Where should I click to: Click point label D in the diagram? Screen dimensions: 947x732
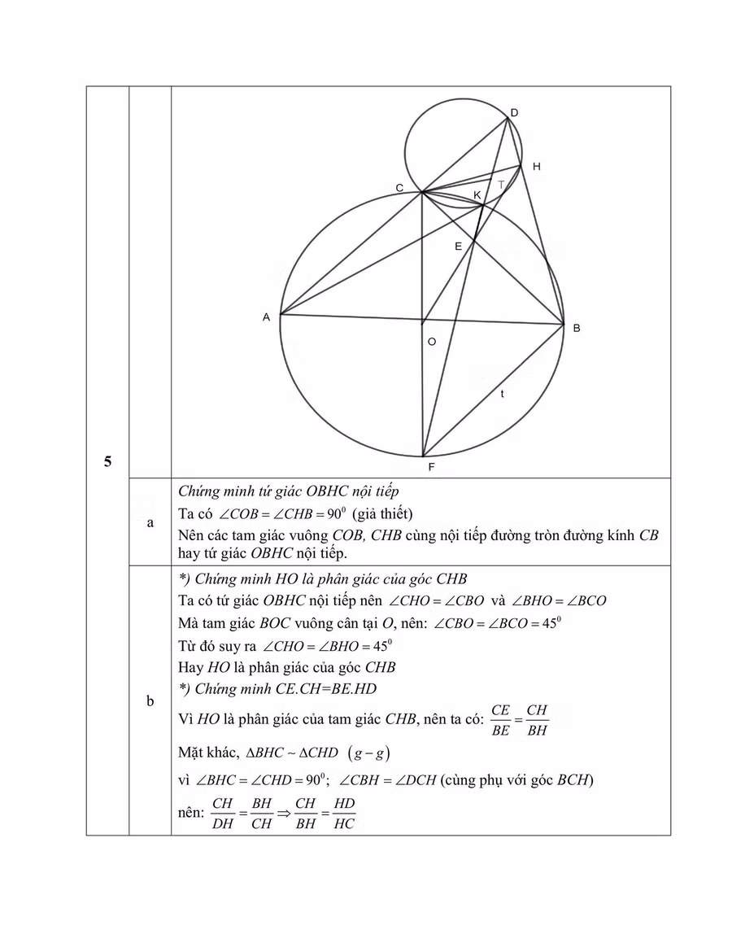click(515, 112)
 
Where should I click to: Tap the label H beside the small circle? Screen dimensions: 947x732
click(536, 167)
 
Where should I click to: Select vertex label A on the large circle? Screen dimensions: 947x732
click(266, 318)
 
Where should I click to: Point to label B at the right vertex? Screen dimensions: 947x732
click(577, 329)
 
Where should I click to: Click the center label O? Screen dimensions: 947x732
click(432, 343)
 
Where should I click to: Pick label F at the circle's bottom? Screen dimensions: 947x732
click(431, 468)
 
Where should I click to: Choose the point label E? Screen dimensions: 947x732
click(458, 246)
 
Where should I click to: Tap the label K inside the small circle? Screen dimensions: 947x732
click(477, 195)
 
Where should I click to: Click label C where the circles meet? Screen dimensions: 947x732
click(399, 188)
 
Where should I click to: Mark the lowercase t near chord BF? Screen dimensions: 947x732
click(503, 395)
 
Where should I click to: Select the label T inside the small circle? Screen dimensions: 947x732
click(501, 184)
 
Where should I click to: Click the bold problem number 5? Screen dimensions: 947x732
click(107, 462)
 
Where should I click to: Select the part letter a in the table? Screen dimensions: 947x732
click(150, 523)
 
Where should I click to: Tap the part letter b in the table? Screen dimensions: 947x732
click(150, 700)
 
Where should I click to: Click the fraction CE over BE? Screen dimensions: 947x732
click(500, 719)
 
